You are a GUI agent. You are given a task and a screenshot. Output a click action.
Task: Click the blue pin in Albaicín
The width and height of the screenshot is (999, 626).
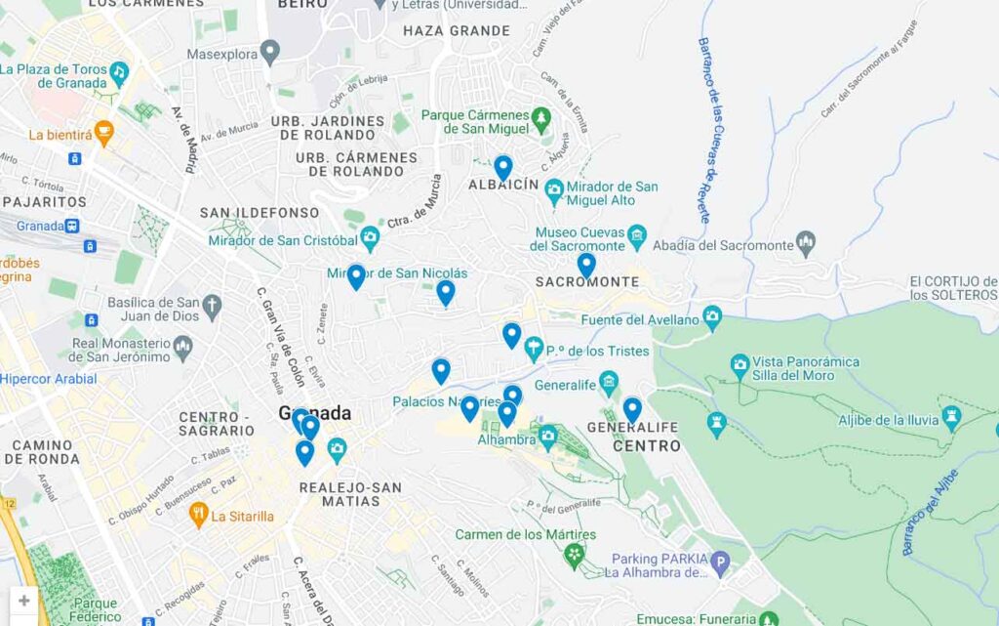click(x=502, y=167)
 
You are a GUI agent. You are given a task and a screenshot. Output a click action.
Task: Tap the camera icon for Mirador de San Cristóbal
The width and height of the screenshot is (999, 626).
click(x=370, y=237)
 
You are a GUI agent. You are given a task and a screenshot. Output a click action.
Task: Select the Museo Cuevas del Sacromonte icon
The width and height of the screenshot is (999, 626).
click(x=637, y=235)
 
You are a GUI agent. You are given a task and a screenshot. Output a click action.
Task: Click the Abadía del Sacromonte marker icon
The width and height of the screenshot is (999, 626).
click(x=806, y=240)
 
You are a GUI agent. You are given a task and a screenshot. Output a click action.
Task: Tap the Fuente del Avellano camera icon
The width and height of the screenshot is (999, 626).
click(x=713, y=317)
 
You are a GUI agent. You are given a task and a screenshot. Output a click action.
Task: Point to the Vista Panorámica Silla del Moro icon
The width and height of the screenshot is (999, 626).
click(x=740, y=367)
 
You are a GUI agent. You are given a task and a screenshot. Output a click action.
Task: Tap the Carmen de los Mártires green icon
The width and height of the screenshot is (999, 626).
click(x=575, y=556)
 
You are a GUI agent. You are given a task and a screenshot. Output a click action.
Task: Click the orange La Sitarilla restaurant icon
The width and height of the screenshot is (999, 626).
click(x=199, y=514)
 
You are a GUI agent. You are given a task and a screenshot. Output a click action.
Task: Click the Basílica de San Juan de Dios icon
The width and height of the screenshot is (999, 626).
click(x=213, y=308)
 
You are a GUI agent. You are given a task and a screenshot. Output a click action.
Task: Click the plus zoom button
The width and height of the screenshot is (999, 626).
click(x=24, y=601)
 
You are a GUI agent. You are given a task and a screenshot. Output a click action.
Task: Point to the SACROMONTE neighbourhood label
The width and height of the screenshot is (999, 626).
click(x=587, y=282)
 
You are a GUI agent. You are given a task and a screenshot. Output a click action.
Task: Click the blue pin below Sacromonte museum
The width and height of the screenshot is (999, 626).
click(x=585, y=265)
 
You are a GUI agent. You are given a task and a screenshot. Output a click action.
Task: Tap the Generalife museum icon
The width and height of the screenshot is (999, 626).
click(x=609, y=381)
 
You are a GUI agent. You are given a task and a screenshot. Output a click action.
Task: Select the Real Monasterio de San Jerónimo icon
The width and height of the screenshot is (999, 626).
click(x=182, y=347)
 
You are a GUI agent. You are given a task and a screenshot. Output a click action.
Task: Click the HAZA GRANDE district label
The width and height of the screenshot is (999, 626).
click(x=457, y=30)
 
